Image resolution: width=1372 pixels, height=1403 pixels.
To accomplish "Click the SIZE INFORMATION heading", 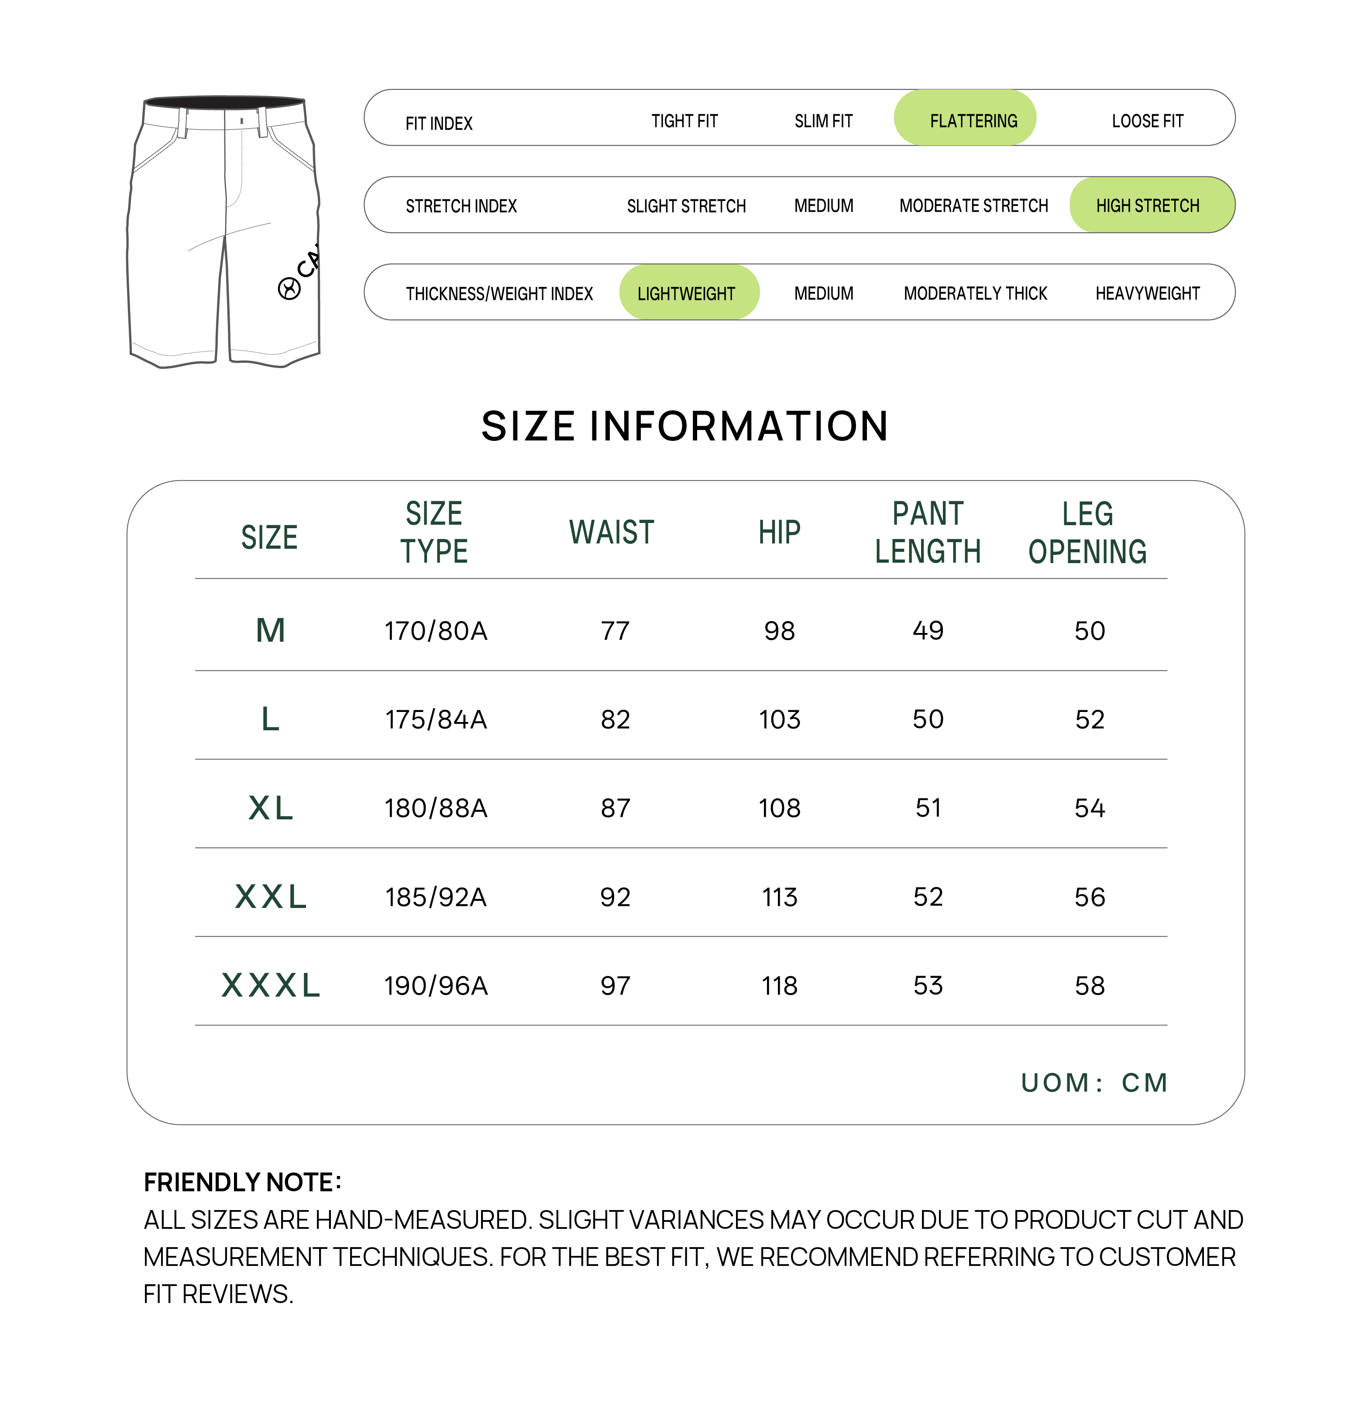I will pyautogui.click(x=684, y=426).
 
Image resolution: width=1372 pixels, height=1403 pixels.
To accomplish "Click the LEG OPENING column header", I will pyautogui.click(x=1087, y=533).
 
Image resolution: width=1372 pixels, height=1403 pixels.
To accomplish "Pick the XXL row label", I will pyautogui.click(x=271, y=897).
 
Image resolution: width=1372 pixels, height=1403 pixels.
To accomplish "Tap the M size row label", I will pyautogui.click(x=271, y=630).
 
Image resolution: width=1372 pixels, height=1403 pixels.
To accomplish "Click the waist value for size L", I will pyautogui.click(x=616, y=719).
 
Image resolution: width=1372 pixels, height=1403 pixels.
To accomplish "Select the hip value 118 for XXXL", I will pyautogui.click(x=780, y=986).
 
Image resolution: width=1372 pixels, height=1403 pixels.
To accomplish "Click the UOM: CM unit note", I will pyautogui.click(x=1094, y=1082).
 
